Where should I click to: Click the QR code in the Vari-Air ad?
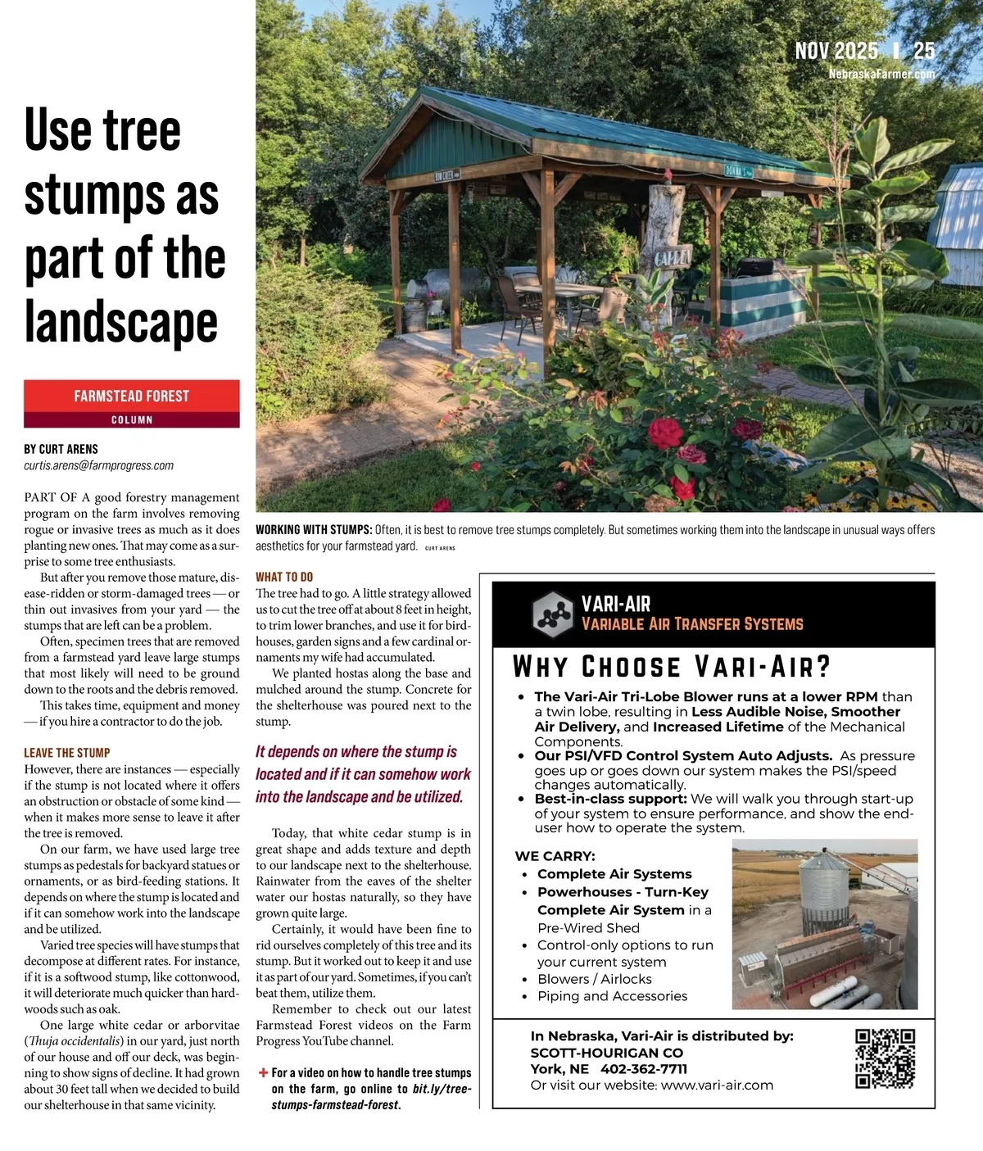(885, 1058)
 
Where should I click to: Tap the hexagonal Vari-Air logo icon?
(552, 614)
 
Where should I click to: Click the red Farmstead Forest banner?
(132, 397)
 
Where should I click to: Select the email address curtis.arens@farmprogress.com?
(99, 465)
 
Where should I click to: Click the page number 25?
(924, 52)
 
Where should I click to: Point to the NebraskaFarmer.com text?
(881, 74)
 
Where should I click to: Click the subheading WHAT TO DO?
(284, 577)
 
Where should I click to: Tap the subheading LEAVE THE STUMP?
(67, 753)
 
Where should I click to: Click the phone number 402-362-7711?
(644, 1069)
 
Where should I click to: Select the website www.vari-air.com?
(717, 1085)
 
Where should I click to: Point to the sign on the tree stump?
(672, 256)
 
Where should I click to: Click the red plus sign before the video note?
(263, 1072)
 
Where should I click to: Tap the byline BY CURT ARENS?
(61, 449)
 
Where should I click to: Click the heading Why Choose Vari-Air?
(672, 667)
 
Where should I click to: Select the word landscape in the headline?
(121, 322)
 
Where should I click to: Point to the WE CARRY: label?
(555, 856)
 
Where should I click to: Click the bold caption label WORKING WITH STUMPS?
(314, 530)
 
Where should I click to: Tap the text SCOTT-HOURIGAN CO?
(606, 1053)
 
